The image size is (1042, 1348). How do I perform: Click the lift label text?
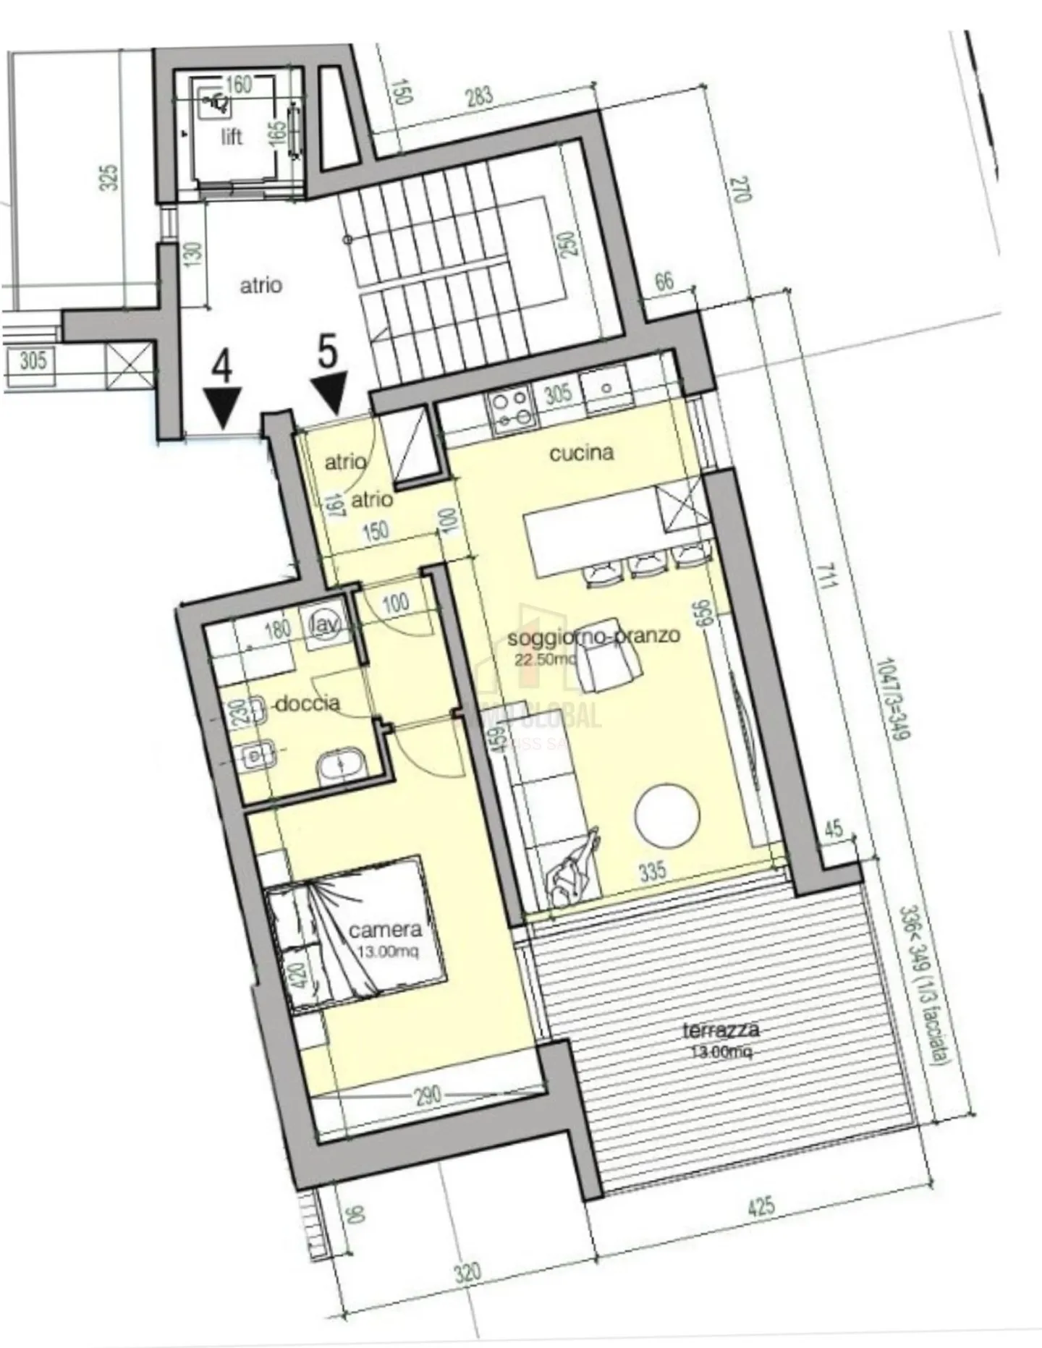click(x=232, y=137)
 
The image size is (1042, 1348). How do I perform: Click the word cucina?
click(x=582, y=454)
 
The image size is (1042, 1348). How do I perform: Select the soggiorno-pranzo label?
click(x=593, y=636)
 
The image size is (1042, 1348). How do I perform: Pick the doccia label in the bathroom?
click(x=308, y=703)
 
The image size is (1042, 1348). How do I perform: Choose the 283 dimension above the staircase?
click(x=479, y=96)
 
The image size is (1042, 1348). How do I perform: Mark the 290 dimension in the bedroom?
click(x=427, y=1095)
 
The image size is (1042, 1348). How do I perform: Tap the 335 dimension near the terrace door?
click(x=652, y=870)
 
